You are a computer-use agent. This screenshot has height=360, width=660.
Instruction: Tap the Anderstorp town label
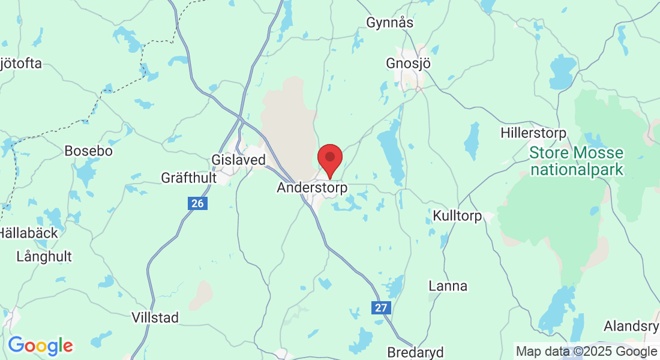pyautogui.click(x=312, y=188)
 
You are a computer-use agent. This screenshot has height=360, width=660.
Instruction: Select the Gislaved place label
pyautogui.click(x=238, y=160)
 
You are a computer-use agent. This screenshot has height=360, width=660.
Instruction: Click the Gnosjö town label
pyautogui.click(x=409, y=64)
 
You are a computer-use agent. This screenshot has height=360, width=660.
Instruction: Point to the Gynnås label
pyautogui.click(x=390, y=23)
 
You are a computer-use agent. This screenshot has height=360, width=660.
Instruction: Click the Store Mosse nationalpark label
pyautogui.click(x=576, y=161)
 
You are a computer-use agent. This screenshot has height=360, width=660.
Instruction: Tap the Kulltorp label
pyautogui.click(x=457, y=216)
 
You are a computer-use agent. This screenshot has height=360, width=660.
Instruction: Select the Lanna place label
pyautogui.click(x=448, y=286)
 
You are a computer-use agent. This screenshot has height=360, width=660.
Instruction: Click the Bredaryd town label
pyautogui.click(x=415, y=351)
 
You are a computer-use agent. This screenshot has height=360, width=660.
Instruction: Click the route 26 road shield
pyautogui.click(x=197, y=204)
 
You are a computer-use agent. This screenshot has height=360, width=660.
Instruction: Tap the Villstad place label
pyautogui.click(x=155, y=317)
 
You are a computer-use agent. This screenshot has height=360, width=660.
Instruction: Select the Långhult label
pyautogui.click(x=44, y=257)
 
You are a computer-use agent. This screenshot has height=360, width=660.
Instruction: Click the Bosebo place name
pyautogui.click(x=88, y=151)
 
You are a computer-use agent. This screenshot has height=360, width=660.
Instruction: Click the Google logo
pyautogui.click(x=40, y=346)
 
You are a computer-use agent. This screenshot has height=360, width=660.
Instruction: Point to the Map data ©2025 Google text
pyautogui.click(x=586, y=352)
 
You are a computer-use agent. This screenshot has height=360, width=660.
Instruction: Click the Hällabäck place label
pyautogui.click(x=29, y=233)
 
